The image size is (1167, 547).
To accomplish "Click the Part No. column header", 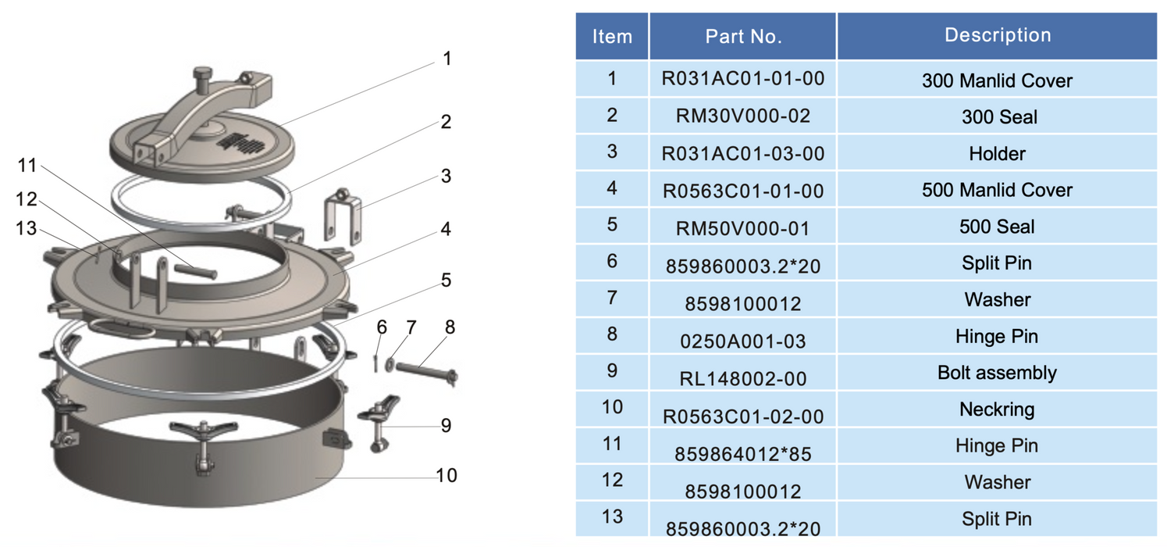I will point(743,36).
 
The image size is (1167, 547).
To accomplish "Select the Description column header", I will point(997,35).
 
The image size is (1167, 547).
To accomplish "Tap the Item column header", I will point(612,36).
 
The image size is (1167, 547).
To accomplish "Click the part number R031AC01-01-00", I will point(743,78).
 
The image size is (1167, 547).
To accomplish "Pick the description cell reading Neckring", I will point(997,409).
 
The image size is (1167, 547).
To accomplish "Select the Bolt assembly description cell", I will point(997,372).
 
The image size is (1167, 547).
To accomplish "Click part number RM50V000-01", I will point(743,227).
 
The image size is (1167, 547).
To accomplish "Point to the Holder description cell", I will point(997,153).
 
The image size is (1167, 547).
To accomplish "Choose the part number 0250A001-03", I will point(743,341).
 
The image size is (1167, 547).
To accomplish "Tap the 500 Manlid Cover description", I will point(997,190).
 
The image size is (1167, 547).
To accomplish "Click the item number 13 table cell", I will point(612,517).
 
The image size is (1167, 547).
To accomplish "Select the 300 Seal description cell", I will point(997,117).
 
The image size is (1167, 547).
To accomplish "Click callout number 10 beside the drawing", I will point(446,475).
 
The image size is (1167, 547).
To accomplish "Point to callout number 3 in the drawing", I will point(446,176).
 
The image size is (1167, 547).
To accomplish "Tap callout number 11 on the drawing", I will point(27,165).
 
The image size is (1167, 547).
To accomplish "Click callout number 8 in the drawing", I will point(450,326).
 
